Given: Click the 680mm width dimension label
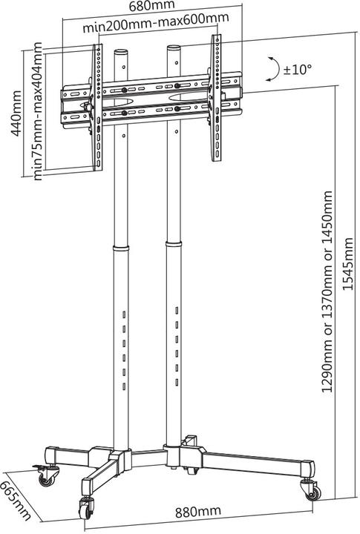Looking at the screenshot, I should [x=153, y=7].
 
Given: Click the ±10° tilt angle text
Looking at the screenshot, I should [x=298, y=69].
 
